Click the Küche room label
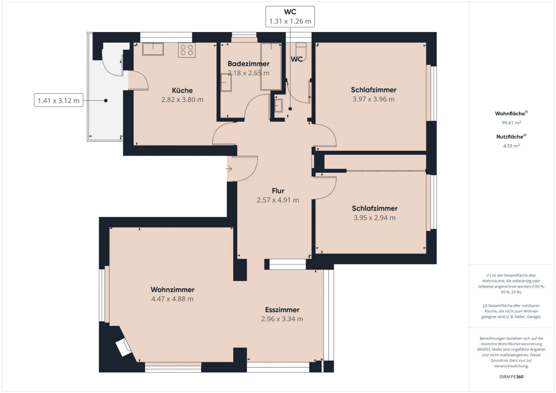pos(182,90)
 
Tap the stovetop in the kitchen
pos(187,50)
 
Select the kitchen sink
pos(153,49)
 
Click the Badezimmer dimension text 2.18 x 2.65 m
pos(248,73)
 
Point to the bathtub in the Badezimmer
pos(271,66)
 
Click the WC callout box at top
pos(290,17)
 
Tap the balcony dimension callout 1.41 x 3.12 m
pos(59,100)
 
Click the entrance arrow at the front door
pos(229,169)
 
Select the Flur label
pos(278,191)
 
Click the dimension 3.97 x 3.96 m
pos(373,99)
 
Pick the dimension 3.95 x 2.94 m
pos(374,218)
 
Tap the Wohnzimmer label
pos(172,289)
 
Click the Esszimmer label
pos(282,310)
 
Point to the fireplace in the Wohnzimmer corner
pos(123,347)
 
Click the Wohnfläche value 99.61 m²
pos(511,123)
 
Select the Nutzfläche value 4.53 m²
pos(511,146)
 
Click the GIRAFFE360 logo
pos(511,377)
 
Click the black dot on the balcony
pos(106,100)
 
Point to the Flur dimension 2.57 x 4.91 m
pos(278,200)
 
